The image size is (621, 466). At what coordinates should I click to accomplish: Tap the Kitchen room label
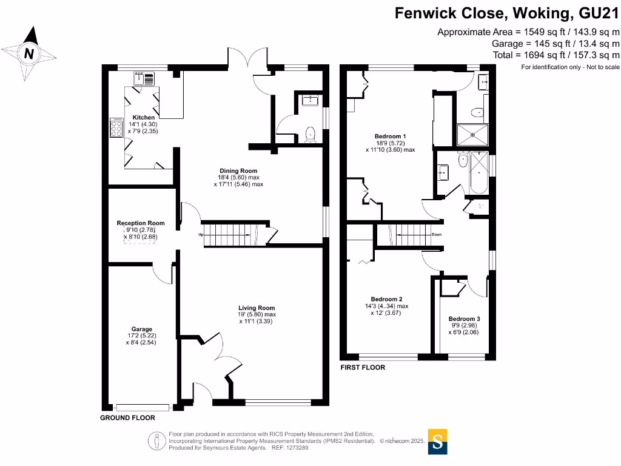point(144,118)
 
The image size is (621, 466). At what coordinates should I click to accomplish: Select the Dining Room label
point(238,171)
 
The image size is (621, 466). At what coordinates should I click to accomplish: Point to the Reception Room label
point(141,223)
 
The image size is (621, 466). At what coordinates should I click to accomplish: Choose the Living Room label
point(257,308)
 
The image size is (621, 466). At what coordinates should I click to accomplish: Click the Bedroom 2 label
point(386,299)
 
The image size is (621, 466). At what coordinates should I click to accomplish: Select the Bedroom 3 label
point(464,319)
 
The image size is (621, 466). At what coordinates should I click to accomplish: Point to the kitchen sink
point(145,78)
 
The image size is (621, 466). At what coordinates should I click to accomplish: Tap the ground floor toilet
point(312,133)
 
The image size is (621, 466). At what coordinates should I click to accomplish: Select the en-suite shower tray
point(472,135)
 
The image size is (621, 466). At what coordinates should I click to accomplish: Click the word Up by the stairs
point(201,235)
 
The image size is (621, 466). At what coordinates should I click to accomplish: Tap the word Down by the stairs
point(436,234)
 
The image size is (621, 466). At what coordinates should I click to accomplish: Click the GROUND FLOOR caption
point(127,418)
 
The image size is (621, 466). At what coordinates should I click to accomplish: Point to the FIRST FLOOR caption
point(363,368)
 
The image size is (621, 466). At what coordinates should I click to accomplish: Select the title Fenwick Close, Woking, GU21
point(507,13)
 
